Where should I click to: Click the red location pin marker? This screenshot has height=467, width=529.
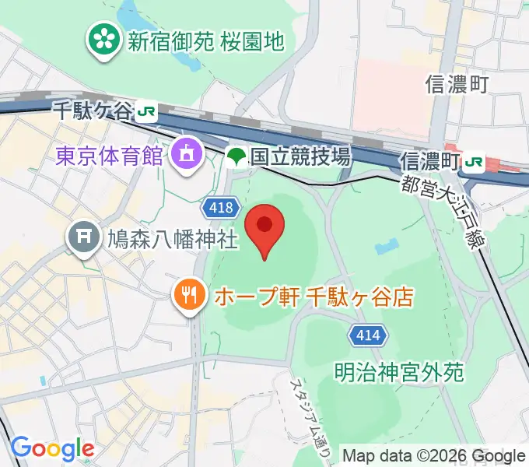click(265, 227)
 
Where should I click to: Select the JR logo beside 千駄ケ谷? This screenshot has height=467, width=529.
click(145, 111)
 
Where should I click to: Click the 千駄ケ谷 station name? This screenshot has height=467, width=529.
click(93, 111)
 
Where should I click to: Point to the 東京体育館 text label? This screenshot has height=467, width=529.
click(110, 155)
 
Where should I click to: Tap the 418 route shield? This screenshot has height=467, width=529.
click(221, 206)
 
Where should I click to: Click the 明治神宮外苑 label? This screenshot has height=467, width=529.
click(401, 372)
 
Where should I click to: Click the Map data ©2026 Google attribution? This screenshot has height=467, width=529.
click(433, 456)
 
